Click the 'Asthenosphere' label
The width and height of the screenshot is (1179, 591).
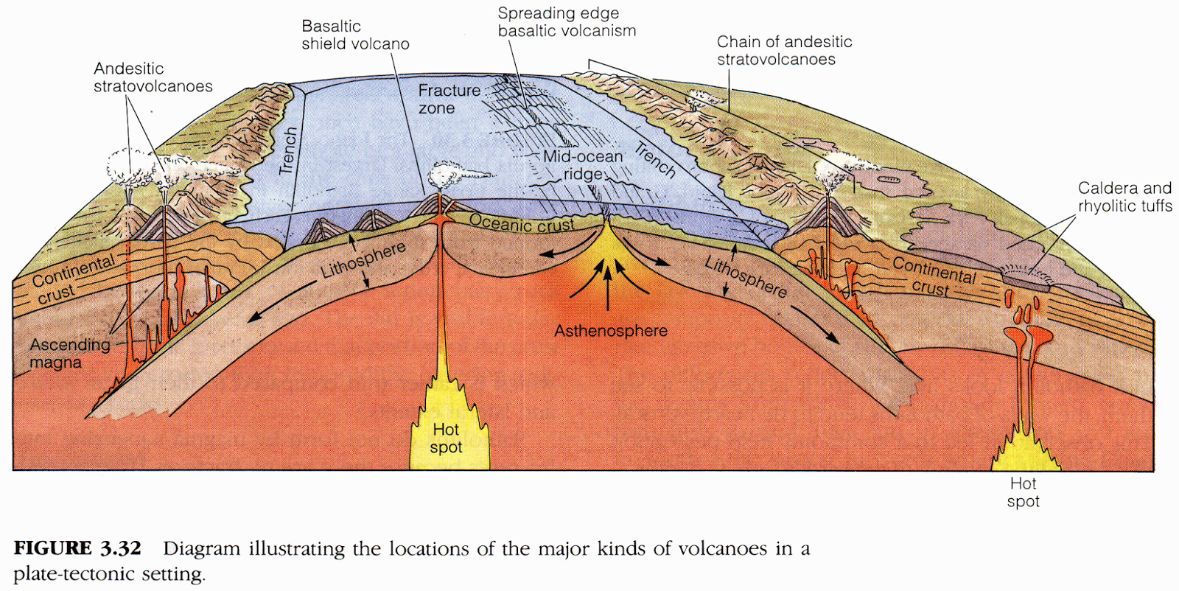pos(611,331)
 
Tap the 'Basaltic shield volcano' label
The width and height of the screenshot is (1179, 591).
pos(355,35)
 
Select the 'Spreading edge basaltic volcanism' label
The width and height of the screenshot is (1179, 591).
pos(566,22)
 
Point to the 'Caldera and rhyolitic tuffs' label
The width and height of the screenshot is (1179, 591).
pos(1124,197)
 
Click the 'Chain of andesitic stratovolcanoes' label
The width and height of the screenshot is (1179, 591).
pos(784,50)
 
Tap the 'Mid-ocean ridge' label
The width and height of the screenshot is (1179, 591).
pos(583,165)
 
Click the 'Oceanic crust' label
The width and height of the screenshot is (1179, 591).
pos(521,223)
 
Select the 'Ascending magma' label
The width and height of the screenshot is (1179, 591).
pos(69,353)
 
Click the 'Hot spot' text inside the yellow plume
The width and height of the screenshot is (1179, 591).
pos(446,438)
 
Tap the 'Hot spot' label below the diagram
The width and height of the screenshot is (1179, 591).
pos(1023,492)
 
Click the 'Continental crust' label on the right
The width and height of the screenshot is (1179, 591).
pos(933,276)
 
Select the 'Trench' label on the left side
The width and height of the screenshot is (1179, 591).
pos(289,150)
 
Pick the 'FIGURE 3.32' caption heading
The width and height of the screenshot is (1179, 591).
pos(77,548)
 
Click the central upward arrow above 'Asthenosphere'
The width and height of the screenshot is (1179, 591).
pos(608,290)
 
